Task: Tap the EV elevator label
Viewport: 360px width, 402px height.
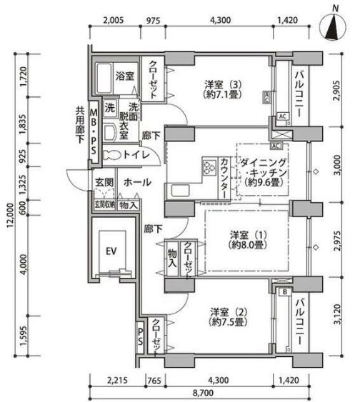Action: pyautogui.click(x=111, y=251)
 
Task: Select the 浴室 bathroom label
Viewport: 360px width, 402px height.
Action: pyautogui.click(x=126, y=75)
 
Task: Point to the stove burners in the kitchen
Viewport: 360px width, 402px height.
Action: pyautogui.click(x=210, y=169)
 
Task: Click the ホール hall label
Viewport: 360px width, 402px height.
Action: pyautogui.click(x=136, y=183)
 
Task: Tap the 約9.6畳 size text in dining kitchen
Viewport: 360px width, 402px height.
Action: pyautogui.click(x=264, y=184)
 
